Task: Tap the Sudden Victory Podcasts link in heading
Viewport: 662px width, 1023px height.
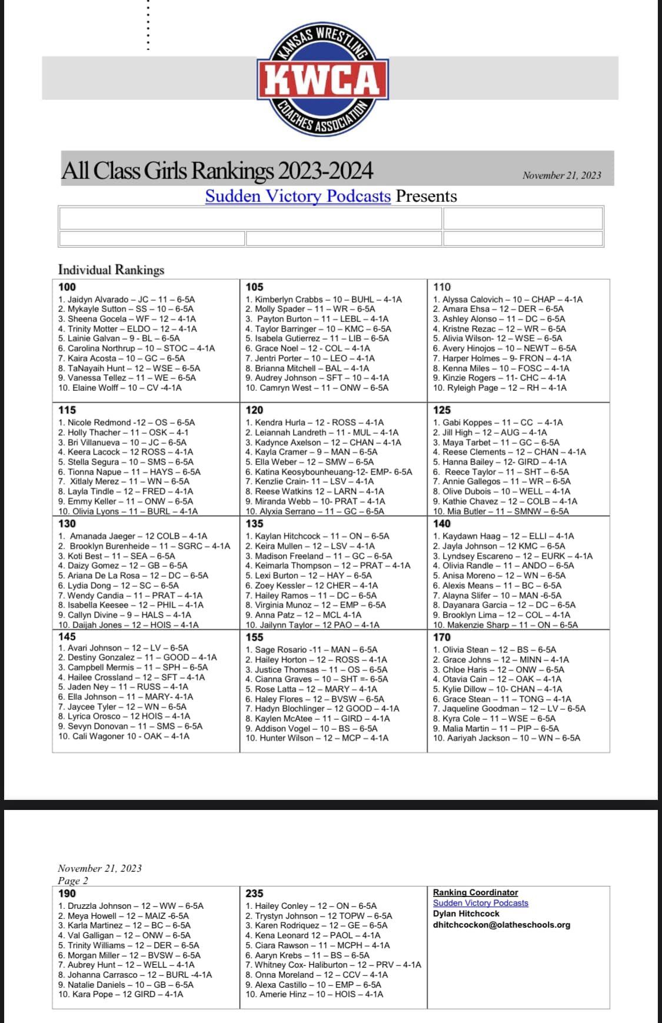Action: [298, 196]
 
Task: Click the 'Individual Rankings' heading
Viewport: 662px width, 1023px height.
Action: [111, 270]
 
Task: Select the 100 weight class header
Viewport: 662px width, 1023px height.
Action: [67, 287]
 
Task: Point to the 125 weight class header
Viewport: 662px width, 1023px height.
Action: [441, 410]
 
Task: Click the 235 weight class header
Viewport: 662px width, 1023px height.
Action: [254, 893]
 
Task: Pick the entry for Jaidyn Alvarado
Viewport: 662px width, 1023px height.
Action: [127, 299]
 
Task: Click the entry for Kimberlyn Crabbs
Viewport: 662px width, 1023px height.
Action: [324, 299]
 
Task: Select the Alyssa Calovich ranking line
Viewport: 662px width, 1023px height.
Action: [508, 299]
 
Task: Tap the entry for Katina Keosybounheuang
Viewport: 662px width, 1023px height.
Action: [329, 471]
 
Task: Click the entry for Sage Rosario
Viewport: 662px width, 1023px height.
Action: [311, 650]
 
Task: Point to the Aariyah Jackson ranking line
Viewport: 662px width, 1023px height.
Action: [506, 738]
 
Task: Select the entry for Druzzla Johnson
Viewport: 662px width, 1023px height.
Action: [131, 906]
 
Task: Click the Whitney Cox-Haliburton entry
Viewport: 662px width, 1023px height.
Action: [333, 965]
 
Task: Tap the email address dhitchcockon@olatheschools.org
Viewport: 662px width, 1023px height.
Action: [501, 925]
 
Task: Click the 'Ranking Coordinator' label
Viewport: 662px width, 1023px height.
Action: [475, 892]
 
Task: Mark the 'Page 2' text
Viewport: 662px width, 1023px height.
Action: [73, 881]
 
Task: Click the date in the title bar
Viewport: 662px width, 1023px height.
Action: [561, 175]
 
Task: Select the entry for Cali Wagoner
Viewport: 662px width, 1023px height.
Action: [124, 736]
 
